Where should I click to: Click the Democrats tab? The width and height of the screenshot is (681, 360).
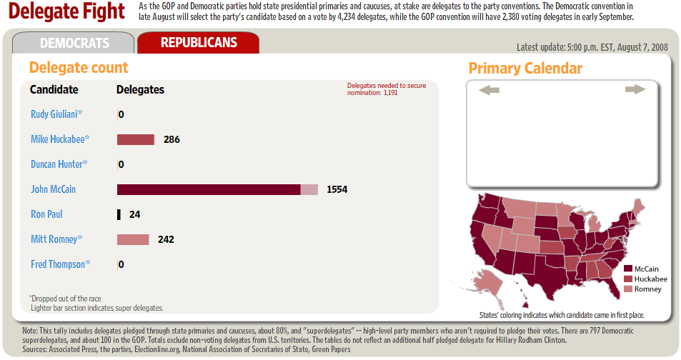click(74, 43)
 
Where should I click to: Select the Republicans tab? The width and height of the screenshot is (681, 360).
click(199, 43)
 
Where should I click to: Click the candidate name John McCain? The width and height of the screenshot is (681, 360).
click(53, 189)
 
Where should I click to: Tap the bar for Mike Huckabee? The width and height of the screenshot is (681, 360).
click(136, 139)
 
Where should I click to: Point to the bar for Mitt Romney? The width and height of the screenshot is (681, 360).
click(133, 239)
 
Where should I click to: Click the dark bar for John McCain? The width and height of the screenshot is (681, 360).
click(208, 189)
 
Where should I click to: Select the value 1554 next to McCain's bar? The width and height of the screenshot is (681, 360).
click(337, 189)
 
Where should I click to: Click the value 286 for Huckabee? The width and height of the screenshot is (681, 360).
click(172, 139)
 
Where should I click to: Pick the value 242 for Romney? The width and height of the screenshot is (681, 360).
click(166, 239)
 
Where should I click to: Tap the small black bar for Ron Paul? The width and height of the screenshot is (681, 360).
click(119, 214)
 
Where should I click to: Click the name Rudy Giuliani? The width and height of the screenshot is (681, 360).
click(56, 114)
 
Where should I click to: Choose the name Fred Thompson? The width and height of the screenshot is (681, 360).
click(60, 264)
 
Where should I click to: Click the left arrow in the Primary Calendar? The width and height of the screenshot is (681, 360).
click(489, 90)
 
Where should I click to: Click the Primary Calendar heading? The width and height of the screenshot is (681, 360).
click(525, 69)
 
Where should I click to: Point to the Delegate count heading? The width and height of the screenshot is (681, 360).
click(79, 68)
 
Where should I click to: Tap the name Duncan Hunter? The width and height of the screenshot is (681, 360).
click(59, 164)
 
